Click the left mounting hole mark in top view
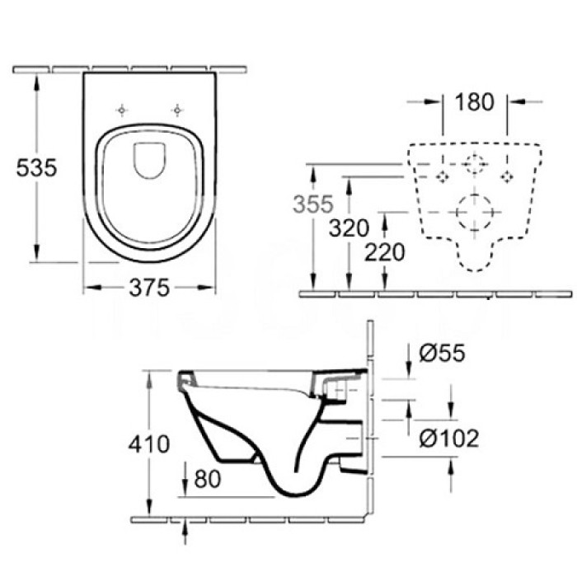click(x=123, y=110)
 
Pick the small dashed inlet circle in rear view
click(x=474, y=165)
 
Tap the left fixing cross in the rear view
click(x=443, y=174)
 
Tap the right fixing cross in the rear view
click(x=507, y=174)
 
